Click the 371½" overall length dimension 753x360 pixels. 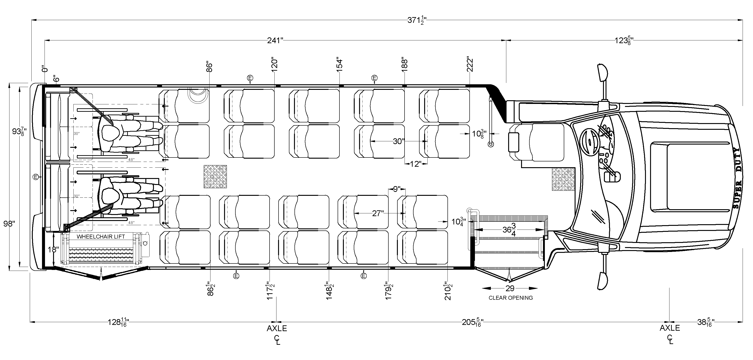click(x=417, y=21)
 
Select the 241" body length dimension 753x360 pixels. click(x=275, y=40)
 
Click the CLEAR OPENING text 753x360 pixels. click(x=511, y=298)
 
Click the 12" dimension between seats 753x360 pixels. click(x=415, y=164)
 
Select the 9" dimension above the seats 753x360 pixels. click(x=397, y=189)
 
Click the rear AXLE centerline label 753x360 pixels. click(x=276, y=328)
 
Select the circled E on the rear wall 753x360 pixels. click(x=36, y=177)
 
